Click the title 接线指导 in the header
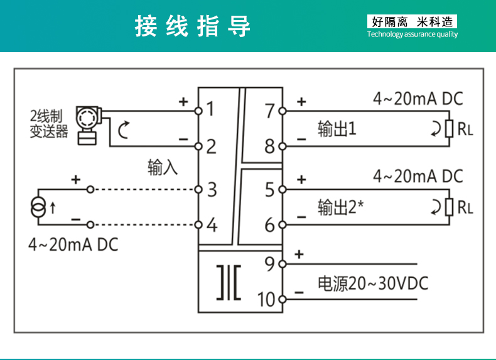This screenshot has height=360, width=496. pyautogui.click(x=193, y=26)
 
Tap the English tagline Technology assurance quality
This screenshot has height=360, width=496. pyautogui.click(x=412, y=35)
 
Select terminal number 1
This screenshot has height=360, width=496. pyautogui.click(x=210, y=109)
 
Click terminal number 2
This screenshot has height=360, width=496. pyautogui.click(x=211, y=146)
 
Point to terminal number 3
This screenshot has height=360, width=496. pyautogui.click(x=212, y=188)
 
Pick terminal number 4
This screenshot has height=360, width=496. pyautogui.click(x=212, y=224)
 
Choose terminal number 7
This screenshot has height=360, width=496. pyautogui.click(x=270, y=111)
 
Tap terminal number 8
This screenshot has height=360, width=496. pyautogui.click(x=270, y=146)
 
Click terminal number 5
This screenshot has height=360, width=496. pyautogui.click(x=270, y=188)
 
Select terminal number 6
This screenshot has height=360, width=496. pyautogui.click(x=270, y=224)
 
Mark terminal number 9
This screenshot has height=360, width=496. pyautogui.click(x=270, y=264)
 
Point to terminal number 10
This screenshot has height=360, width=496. pyautogui.click(x=267, y=299)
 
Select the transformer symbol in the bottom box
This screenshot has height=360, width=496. pyautogui.click(x=229, y=281)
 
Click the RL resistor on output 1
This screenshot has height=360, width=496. pyautogui.click(x=449, y=129)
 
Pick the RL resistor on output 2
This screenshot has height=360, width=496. pyautogui.click(x=449, y=206)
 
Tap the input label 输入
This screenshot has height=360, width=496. pyautogui.click(x=163, y=167)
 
